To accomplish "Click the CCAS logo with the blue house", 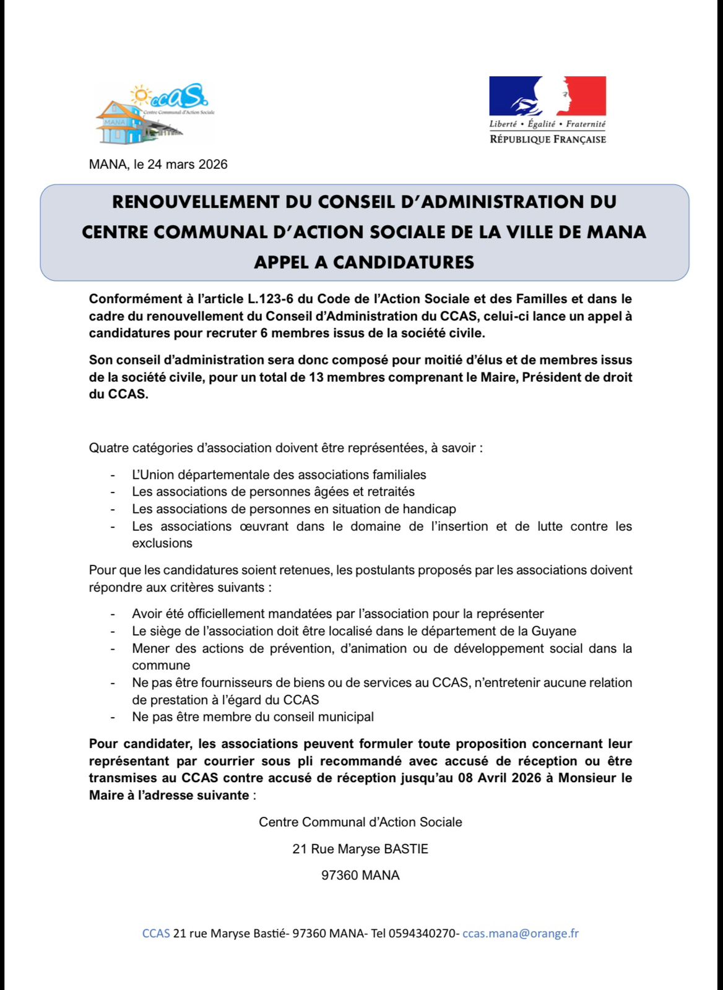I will click(153, 114).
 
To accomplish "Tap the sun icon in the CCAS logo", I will click(141, 95).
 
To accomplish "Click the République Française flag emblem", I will click(547, 96).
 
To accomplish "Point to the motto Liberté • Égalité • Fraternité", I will click(547, 124).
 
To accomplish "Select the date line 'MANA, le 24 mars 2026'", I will click(158, 165).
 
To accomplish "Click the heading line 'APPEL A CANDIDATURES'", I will click(364, 262).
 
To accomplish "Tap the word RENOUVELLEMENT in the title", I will click(195, 202).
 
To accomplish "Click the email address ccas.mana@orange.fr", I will click(520, 933).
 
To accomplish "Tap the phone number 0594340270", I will click(424, 933).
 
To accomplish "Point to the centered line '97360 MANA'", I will click(360, 876).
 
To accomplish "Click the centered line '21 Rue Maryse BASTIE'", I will click(360, 849).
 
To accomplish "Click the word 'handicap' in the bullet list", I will click(429, 509).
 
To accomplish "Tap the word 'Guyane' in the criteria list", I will click(554, 631).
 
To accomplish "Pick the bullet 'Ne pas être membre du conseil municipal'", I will click(253, 717).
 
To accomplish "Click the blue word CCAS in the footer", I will click(156, 933).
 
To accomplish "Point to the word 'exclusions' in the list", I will click(162, 543).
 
